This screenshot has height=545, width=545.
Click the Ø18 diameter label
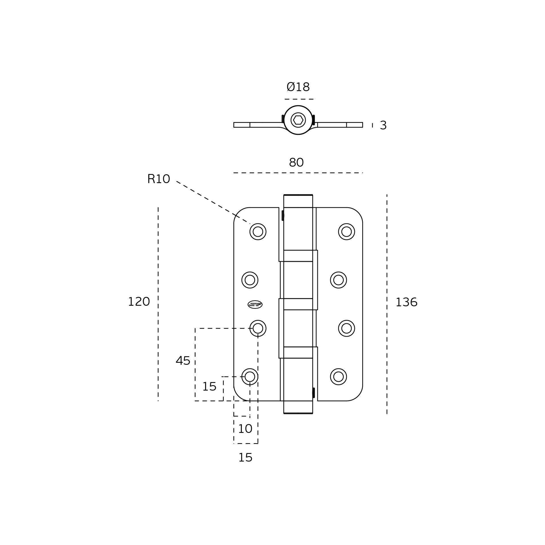[x=298, y=87]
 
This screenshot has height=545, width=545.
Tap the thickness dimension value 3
[x=383, y=125]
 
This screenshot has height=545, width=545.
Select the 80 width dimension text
[x=296, y=163]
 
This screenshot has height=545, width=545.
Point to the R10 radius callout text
[x=159, y=179]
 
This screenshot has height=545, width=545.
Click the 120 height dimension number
[x=139, y=302]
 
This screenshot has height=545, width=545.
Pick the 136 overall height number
[x=406, y=303]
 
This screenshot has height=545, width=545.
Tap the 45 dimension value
[x=183, y=361]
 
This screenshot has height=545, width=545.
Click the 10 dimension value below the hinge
[x=245, y=429]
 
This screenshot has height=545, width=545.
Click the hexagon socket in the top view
[x=298, y=120]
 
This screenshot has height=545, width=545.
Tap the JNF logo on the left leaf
[x=255, y=305]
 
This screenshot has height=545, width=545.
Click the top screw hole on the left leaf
[x=258, y=232]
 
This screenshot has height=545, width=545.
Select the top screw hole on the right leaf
[x=347, y=232]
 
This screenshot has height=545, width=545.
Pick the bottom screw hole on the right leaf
[x=338, y=377]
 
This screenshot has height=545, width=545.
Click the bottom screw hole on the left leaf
[x=250, y=377]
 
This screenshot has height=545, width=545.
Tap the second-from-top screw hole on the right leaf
[x=338, y=280]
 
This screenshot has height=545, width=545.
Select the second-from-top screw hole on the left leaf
[x=250, y=280]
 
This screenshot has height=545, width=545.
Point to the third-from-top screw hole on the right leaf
[x=347, y=328]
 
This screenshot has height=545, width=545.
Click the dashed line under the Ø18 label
[x=299, y=99]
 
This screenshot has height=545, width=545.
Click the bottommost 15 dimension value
[x=246, y=458]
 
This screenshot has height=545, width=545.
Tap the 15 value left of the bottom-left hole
[x=209, y=387]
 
